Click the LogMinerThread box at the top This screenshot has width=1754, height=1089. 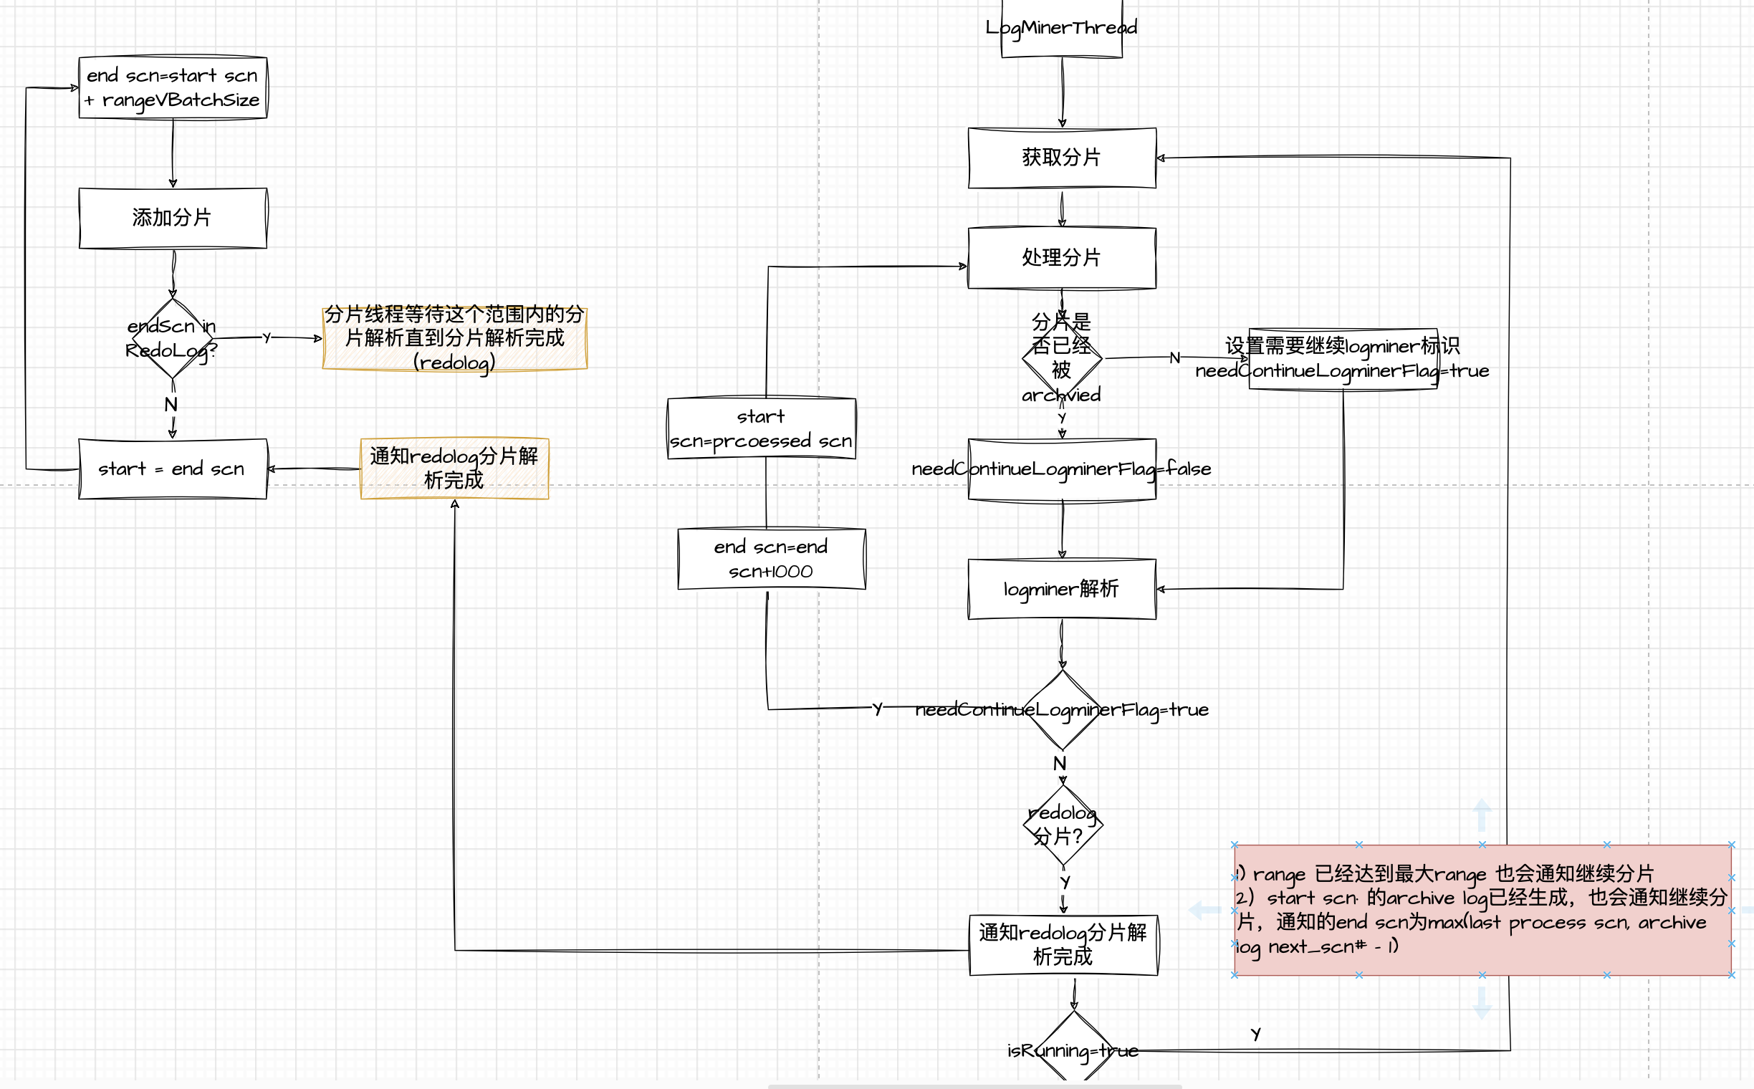1061,29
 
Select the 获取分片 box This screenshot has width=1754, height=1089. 1061,158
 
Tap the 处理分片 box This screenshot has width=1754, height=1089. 1061,258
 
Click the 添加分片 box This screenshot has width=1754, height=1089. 172,218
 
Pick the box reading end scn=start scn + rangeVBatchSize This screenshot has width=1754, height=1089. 172,87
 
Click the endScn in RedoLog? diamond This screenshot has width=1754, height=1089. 172,338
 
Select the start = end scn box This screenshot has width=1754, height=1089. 172,469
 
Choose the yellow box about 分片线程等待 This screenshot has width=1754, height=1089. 454,338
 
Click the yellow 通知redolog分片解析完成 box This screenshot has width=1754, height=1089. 454,468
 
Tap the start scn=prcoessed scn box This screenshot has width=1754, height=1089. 762,428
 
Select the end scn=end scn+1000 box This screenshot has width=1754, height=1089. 771,559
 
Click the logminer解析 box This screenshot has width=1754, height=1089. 1061,589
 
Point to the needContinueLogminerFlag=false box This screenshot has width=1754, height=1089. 1061,469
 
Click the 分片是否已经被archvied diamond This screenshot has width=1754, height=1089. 1061,358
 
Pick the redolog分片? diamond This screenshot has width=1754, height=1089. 1063,825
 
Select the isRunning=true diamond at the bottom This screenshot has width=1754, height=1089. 1073,1050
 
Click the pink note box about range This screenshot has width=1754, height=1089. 1482,910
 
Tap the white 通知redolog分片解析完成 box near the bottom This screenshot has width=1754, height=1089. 1063,945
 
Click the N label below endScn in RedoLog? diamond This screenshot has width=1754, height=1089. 171,405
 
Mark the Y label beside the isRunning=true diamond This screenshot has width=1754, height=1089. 1255,1035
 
